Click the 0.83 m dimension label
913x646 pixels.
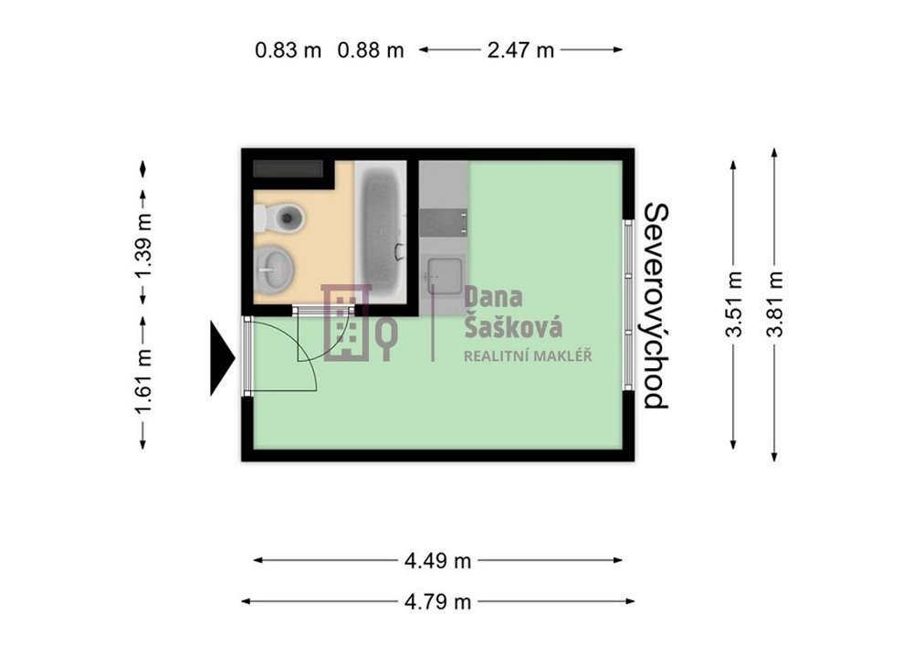coord(288,50)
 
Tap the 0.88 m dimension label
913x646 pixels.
coord(371,50)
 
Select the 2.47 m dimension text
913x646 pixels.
coord(520,50)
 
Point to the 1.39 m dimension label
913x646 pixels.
coord(144,246)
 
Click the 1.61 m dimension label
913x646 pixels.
coord(144,382)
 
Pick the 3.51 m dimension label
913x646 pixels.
coord(734,304)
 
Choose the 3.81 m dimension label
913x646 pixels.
coord(775,304)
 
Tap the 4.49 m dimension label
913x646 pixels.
coord(438,561)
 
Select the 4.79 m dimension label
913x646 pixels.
coord(438,602)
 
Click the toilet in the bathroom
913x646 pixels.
coord(280,217)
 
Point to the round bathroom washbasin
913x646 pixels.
coord(274,270)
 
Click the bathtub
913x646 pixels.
coord(381,231)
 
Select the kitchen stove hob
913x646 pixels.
coord(443,223)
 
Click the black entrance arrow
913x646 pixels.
coord(223,358)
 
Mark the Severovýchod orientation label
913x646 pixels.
coord(656,306)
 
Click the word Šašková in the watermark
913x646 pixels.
coord(513,327)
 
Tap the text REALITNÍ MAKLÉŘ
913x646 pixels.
coord(528,356)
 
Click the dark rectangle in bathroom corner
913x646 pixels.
coord(288,169)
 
